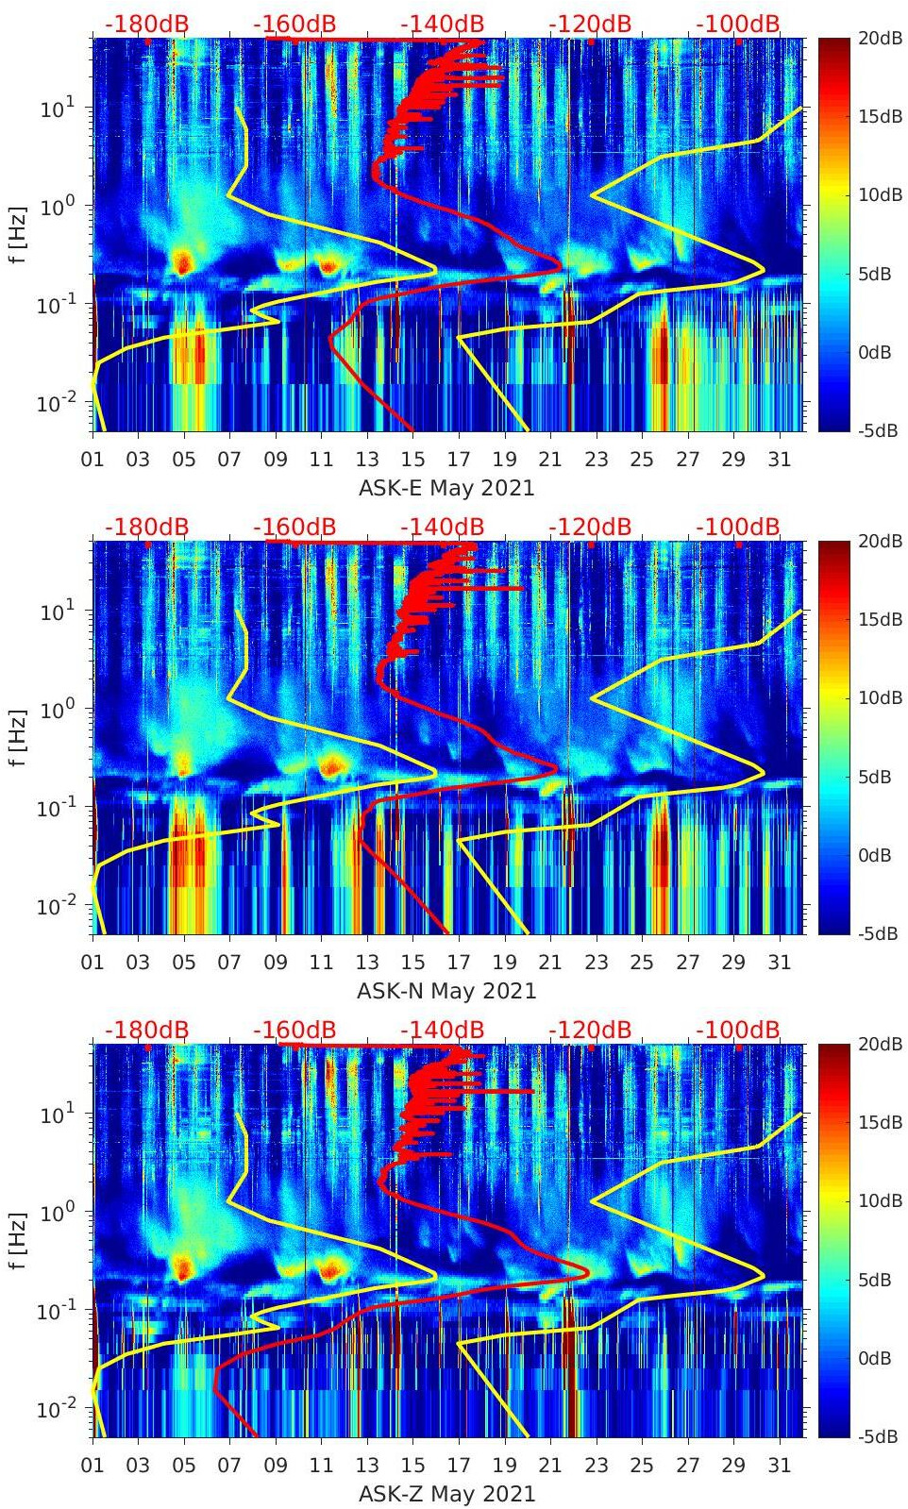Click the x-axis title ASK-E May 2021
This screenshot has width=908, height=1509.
[446, 489]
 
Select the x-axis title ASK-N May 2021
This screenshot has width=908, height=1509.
[446, 992]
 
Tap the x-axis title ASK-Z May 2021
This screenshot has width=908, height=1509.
[446, 1495]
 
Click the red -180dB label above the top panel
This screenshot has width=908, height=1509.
[146, 24]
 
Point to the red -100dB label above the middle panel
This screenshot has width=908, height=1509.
[738, 527]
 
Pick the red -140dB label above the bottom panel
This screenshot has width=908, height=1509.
[442, 1030]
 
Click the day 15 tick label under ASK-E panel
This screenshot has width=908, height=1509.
[412, 460]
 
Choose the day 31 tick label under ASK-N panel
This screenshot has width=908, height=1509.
[779, 963]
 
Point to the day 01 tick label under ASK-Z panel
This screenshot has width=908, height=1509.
[92, 1466]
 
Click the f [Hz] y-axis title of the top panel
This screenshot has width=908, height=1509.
[19, 235]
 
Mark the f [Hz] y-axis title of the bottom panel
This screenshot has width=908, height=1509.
[19, 1241]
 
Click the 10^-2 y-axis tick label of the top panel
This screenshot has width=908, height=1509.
[53, 403]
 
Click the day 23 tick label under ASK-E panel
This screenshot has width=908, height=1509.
[596, 460]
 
